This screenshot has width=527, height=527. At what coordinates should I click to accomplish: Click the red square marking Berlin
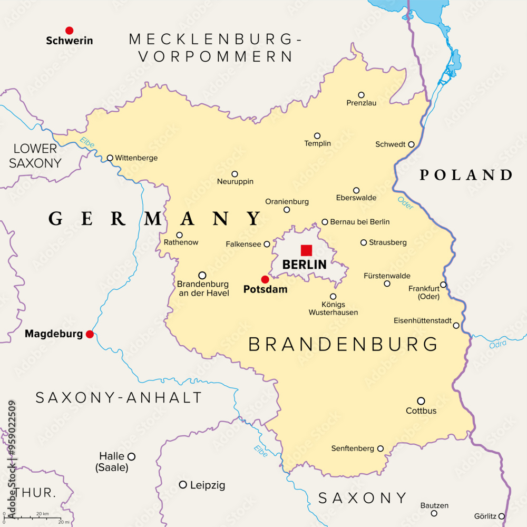pos(306,250)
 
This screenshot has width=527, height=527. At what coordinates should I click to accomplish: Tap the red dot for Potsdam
pos(265,279)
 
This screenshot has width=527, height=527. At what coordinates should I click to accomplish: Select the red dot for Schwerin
pos(69,31)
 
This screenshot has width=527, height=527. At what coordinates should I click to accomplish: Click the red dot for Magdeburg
pos(90,334)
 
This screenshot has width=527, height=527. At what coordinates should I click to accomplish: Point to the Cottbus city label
pos(421,411)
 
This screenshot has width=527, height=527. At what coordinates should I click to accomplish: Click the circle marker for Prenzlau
pos(362,95)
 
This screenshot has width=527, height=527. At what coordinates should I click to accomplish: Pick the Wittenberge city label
pos(136,158)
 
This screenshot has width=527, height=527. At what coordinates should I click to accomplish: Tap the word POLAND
pos(466,175)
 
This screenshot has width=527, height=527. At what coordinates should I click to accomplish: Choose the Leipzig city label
pos(208,485)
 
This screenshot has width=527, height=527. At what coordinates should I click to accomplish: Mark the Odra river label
pos(497,344)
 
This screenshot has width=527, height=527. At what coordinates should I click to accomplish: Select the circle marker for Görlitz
pos(502,516)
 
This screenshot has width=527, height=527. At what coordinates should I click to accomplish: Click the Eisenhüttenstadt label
pos(422,321)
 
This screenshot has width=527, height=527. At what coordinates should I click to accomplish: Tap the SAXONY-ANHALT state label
pos(119,398)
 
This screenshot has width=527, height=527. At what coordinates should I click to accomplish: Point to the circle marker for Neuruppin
pos(235,174)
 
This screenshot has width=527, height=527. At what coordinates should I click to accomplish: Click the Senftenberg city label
pos(353,448)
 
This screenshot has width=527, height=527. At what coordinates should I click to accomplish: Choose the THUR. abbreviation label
pos(35,493)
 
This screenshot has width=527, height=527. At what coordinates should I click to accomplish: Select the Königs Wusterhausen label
pos(333,308)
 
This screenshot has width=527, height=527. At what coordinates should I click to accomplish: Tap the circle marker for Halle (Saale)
pos(131,456)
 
